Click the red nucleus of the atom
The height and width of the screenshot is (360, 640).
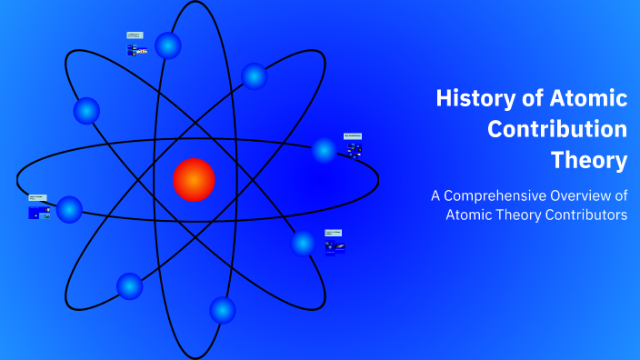coord(194,179)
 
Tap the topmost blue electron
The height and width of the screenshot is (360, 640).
coord(168,45)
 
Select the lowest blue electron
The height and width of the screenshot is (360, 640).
coord(223,310)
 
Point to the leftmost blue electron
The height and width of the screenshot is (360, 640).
coord(69,210)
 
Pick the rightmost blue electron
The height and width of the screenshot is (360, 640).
coord(325,150)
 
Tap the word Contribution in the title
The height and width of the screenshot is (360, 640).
coord(557,129)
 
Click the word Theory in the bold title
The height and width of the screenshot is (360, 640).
coord(589,160)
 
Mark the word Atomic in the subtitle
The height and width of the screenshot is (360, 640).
coord(468,215)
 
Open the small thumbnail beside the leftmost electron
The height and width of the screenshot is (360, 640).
coord(38,209)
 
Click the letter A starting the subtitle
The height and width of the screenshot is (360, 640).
coord(435,195)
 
